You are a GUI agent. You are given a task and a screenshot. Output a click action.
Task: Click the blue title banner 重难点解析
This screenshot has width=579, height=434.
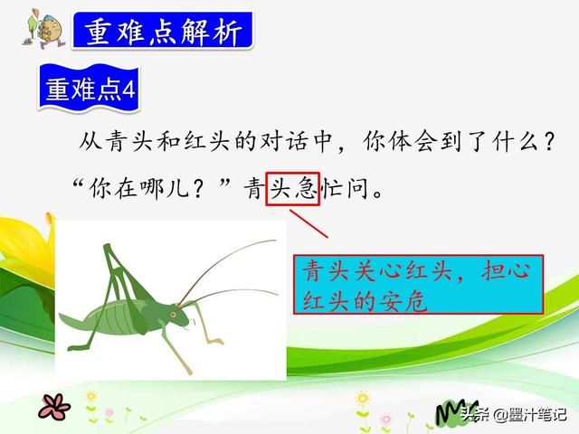pos(163,31)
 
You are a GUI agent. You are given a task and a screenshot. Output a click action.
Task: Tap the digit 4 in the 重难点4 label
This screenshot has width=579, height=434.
pos(128,90)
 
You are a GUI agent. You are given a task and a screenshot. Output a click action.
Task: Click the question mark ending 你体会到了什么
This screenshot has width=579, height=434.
pos(550,141)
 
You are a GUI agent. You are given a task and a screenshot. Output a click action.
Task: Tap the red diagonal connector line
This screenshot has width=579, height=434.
pos(308,224)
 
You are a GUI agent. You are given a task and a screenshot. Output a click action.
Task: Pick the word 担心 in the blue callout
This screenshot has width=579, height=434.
pos(506,271)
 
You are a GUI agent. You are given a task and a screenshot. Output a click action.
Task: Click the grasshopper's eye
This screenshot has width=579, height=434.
pos(173,315)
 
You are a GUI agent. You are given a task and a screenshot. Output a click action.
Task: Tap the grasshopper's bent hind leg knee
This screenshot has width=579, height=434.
pos(107,246)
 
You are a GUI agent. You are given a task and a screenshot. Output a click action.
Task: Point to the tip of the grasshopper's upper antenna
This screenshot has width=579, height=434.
pos(275,241)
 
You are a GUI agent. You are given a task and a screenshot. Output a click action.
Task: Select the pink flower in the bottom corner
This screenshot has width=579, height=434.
pos(54,406)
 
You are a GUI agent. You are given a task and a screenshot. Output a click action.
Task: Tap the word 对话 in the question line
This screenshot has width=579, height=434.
pos(283,141)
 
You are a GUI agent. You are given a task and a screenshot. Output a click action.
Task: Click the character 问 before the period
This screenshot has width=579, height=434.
pos(357,188)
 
